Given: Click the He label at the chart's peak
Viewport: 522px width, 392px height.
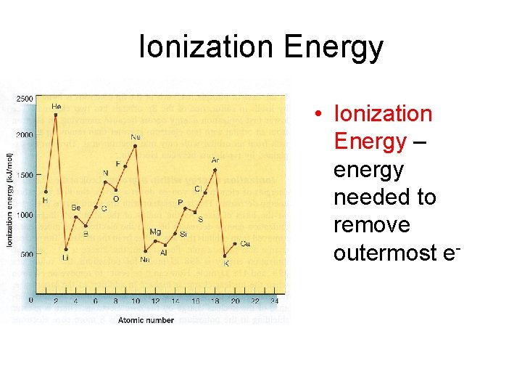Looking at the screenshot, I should [56, 107].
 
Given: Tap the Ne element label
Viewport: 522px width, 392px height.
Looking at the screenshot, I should [136, 136].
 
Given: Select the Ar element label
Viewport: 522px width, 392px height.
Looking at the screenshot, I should [215, 160].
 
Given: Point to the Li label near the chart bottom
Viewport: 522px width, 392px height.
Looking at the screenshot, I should [65, 258].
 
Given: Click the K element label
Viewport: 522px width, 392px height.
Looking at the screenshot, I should [225, 264].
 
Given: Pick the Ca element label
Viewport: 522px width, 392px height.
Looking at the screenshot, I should [245, 243].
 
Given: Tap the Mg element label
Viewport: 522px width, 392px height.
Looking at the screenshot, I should [155, 232].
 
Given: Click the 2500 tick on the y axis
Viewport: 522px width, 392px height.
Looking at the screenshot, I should [24, 98].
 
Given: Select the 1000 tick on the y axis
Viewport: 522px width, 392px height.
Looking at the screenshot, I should [25, 215].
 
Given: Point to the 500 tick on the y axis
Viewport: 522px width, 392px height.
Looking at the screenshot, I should [27, 254].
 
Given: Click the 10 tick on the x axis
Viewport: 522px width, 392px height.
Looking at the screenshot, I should [135, 301].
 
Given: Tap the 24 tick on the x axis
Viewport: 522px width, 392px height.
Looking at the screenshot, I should [274, 301].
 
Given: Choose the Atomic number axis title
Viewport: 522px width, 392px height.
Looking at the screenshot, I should [146, 320].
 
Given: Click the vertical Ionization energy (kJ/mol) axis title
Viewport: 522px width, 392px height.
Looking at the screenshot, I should [10, 199].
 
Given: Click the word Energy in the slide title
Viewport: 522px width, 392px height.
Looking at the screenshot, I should [333, 48].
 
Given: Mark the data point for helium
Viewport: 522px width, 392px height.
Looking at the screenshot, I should [56, 115].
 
